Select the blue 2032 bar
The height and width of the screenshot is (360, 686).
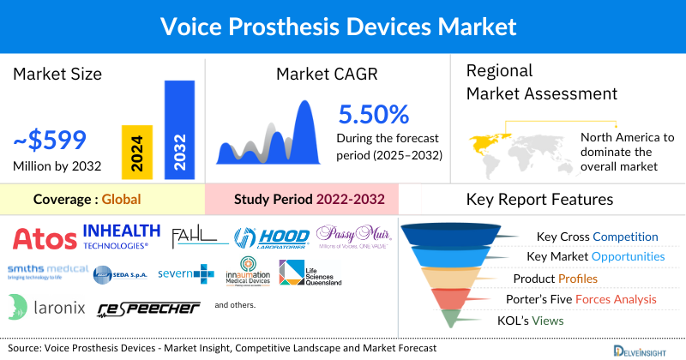click(x=178, y=129)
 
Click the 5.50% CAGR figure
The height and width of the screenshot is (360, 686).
click(x=374, y=114)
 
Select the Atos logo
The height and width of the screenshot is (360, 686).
click(x=43, y=237)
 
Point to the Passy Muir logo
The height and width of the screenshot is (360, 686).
click(x=347, y=236)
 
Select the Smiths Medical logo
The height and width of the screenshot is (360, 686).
click(x=47, y=273)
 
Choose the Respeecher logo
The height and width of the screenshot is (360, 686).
click(x=147, y=308)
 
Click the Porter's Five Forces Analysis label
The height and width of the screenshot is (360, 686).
click(x=584, y=299)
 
